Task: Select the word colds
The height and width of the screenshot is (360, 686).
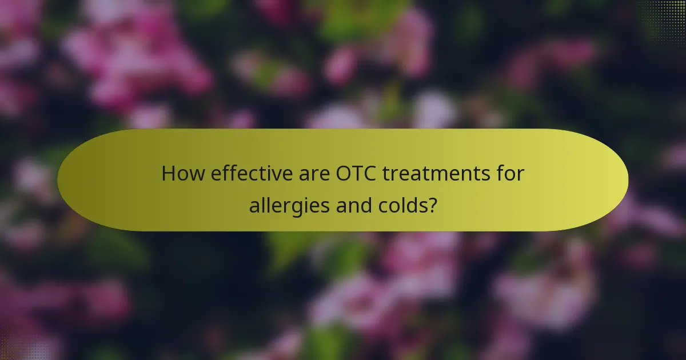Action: point(401,205)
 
